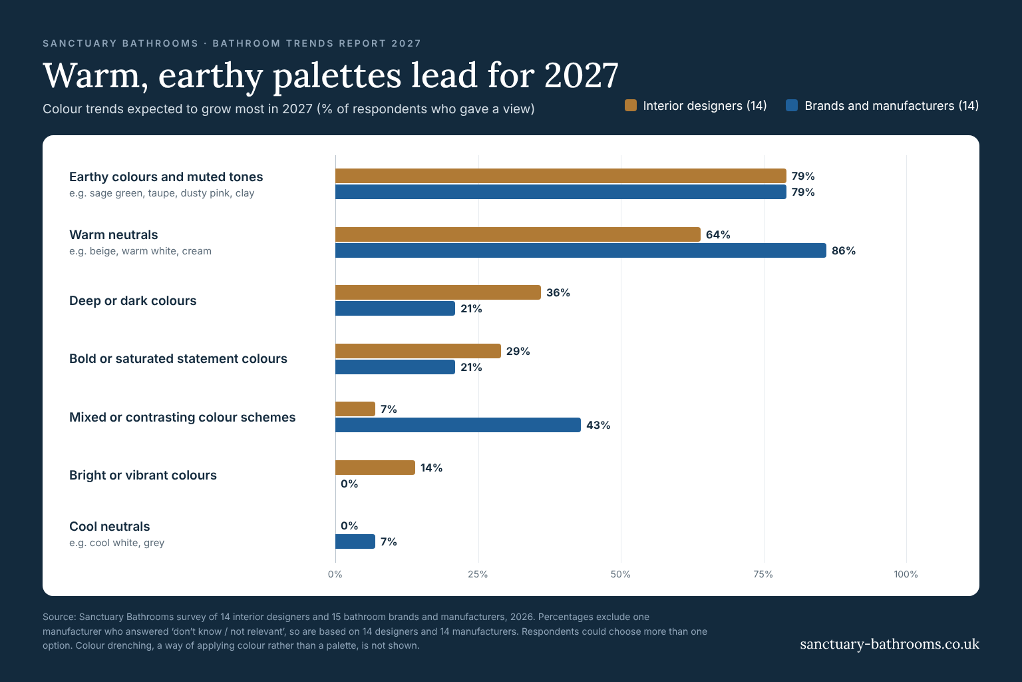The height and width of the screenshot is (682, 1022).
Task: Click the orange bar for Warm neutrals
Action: click(x=518, y=234)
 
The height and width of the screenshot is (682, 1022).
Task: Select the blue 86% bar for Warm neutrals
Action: click(x=581, y=250)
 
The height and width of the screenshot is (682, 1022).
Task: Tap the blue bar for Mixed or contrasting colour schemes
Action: click(x=458, y=425)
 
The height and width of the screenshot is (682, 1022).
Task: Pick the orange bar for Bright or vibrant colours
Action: click(x=375, y=468)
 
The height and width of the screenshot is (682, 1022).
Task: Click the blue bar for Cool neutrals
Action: click(x=355, y=541)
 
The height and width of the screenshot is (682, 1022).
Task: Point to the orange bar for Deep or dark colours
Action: click(x=438, y=292)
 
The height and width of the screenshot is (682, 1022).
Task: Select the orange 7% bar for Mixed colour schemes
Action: click(x=355, y=409)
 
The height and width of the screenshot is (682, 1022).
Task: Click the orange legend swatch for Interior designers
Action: click(x=631, y=105)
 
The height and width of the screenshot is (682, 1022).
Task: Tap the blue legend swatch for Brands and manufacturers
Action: click(x=792, y=105)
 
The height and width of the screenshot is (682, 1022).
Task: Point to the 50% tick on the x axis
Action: click(x=621, y=574)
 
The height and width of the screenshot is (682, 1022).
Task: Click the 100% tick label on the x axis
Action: click(x=906, y=574)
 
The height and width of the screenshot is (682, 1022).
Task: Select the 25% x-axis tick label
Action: click(x=478, y=574)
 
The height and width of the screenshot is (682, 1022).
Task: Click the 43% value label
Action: click(x=598, y=426)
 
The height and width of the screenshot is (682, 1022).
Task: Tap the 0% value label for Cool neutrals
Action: click(x=349, y=525)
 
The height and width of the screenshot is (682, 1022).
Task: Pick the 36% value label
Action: click(x=558, y=293)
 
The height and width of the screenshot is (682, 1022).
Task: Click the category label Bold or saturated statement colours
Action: click(x=178, y=358)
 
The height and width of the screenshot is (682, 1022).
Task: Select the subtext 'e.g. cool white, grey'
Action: click(x=117, y=543)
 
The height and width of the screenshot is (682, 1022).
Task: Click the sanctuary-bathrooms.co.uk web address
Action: click(x=890, y=644)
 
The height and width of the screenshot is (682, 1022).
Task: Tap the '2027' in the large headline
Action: click(x=582, y=75)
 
